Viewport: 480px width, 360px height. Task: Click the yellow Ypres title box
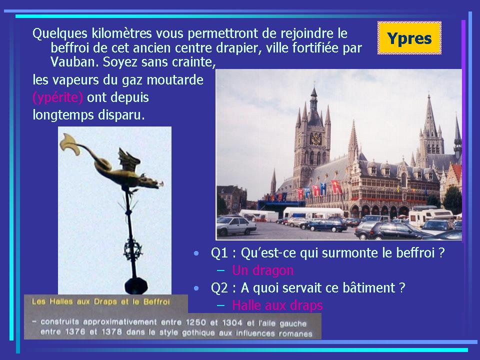409,38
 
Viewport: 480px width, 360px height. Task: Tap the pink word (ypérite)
57,97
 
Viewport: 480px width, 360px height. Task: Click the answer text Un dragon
262,270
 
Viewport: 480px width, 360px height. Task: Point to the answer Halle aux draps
277,305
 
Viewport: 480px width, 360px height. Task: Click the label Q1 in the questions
219,253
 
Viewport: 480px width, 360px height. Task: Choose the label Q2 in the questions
219,288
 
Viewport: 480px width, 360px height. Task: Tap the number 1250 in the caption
195,322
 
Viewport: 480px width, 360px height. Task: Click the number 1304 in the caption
232,322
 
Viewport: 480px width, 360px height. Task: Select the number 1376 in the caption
75,332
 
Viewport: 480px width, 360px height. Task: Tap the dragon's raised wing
128,159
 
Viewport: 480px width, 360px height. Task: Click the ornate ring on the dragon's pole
133,250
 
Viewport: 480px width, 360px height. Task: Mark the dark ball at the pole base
136,285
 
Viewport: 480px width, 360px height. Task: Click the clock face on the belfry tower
315,139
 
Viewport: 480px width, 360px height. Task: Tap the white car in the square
236,225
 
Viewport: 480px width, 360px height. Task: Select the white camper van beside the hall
430,215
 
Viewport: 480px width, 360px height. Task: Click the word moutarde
175,80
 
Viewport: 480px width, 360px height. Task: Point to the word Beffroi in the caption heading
156,302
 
